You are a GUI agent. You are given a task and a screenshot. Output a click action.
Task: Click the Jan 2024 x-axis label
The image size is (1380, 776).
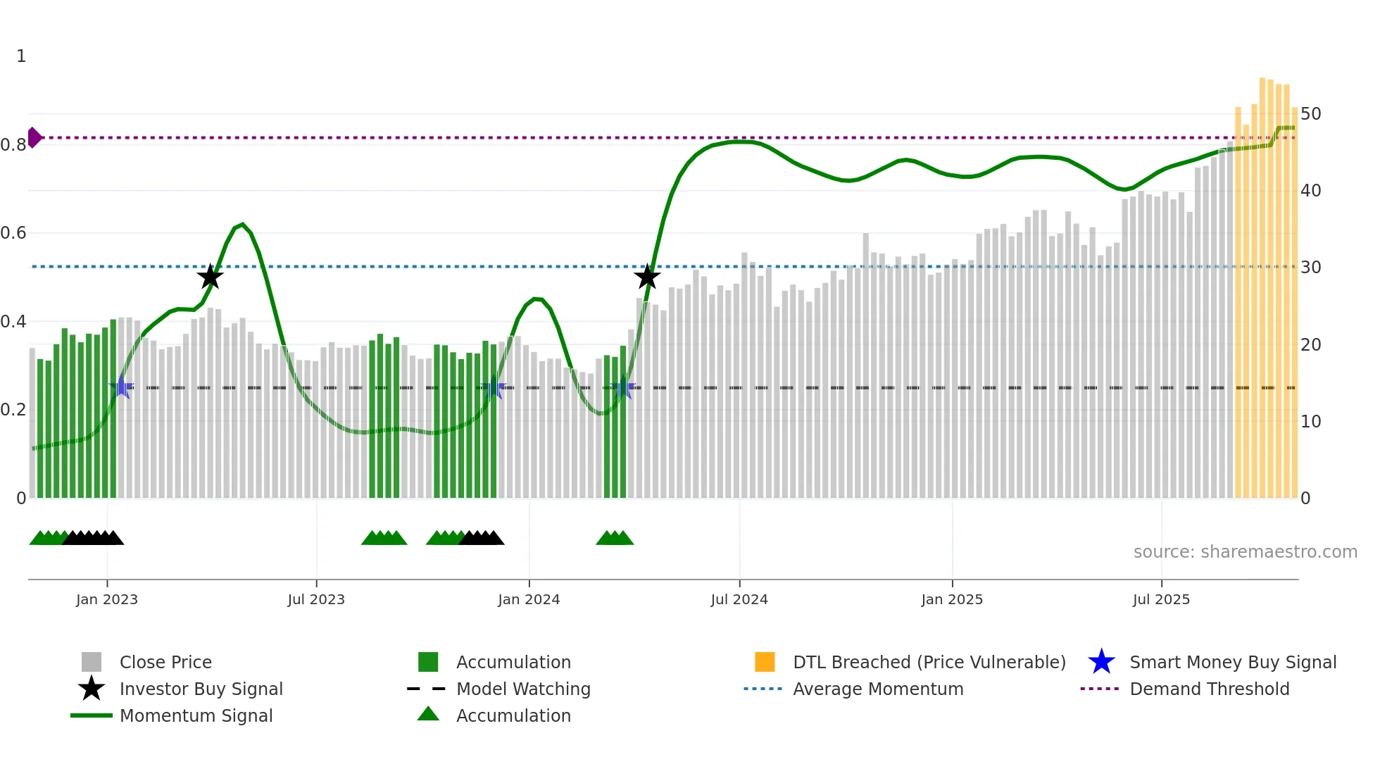point(529,599)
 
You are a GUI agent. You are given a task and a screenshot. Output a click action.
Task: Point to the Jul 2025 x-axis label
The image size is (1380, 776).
point(1161,599)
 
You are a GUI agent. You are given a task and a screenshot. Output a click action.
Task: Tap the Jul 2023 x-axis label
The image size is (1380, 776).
point(316,599)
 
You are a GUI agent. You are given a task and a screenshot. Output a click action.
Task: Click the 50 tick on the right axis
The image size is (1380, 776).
point(1310,114)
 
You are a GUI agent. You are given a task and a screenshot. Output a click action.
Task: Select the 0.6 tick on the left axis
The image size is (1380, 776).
point(13,233)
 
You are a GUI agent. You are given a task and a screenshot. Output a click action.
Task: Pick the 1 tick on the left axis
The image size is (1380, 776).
point(21,56)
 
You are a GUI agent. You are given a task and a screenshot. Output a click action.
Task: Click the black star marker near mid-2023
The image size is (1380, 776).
point(210,277)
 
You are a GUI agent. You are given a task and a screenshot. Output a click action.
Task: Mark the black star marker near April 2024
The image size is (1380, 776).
point(647,277)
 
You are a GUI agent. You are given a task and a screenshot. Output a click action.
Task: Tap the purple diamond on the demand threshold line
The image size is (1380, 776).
point(34,137)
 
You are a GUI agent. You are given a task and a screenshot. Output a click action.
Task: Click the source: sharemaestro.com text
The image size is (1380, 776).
point(1245,552)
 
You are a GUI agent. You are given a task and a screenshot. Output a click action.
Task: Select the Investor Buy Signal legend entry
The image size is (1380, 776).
point(201,689)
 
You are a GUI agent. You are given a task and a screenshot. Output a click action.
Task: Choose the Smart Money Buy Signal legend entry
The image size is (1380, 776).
point(1232,662)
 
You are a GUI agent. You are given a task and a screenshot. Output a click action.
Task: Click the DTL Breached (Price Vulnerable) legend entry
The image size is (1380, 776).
point(929,662)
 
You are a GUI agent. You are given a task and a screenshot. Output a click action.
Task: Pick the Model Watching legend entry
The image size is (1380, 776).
point(522,689)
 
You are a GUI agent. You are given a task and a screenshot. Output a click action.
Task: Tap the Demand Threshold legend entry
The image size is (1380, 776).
point(1209,689)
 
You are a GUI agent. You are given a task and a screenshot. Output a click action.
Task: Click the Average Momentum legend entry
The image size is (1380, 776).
point(877,689)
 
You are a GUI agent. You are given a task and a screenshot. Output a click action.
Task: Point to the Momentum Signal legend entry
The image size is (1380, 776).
point(196,715)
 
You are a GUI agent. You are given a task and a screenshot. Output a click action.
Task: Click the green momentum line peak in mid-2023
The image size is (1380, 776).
point(242,225)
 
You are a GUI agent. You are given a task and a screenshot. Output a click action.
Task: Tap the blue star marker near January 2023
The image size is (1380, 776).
point(121,387)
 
